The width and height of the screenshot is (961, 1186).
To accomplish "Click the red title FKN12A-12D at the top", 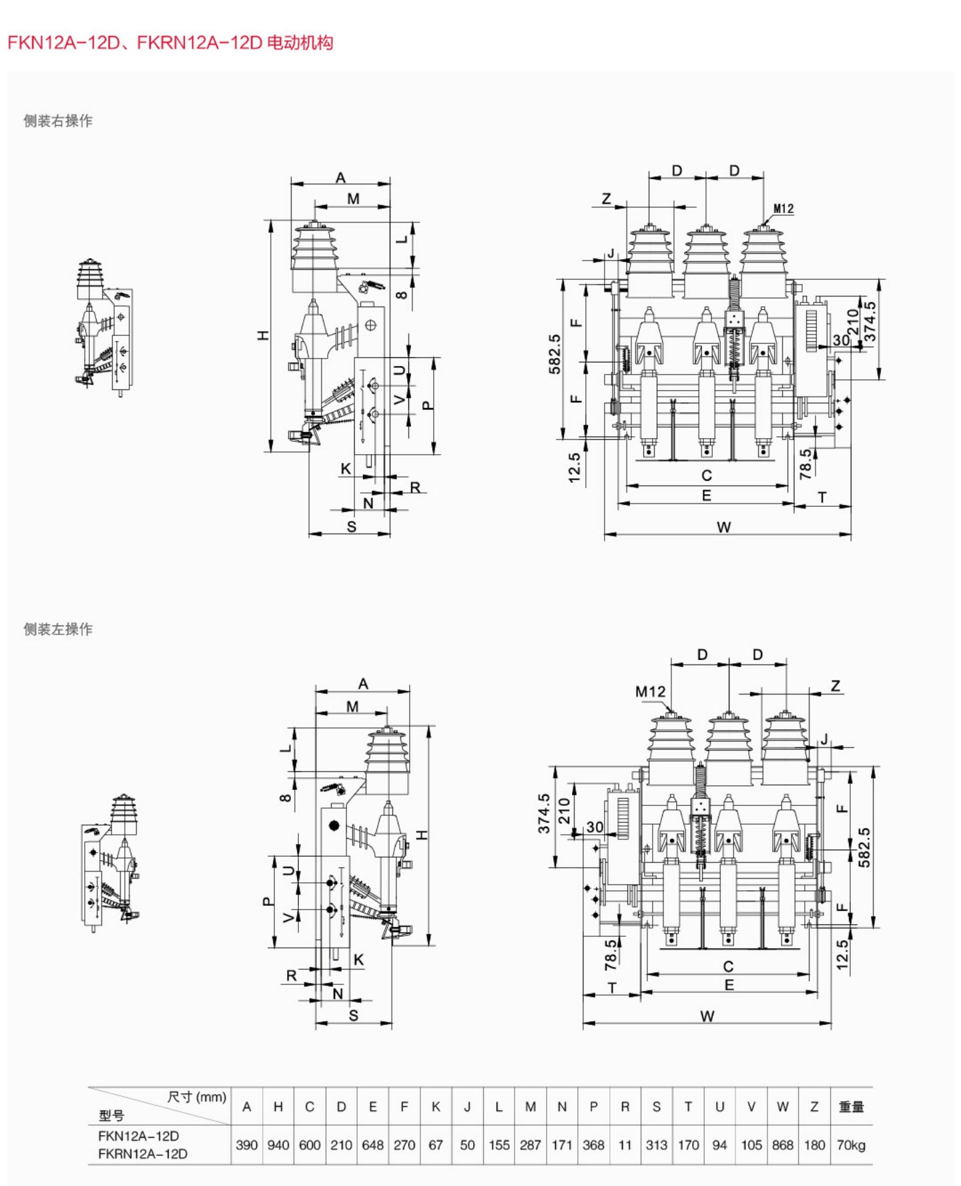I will point(63,43).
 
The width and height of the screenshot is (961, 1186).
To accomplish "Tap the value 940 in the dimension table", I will point(278,1145).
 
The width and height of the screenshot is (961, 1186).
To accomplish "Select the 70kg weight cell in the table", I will point(851,1145).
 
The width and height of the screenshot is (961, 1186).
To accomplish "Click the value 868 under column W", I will point(782,1145).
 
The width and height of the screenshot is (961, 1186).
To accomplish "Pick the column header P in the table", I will point(593,1107).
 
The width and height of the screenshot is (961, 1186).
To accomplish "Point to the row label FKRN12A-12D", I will point(143,1153).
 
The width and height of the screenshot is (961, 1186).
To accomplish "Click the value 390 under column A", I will point(246,1145).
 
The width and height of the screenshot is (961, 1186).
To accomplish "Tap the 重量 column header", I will point(851,1107).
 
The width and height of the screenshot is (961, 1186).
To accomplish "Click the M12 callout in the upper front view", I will point(783,209).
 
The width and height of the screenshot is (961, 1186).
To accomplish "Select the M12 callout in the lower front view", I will point(650,692).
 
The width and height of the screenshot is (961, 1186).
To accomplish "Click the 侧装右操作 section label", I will point(58,121).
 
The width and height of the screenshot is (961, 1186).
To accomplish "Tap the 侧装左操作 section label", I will point(58,629).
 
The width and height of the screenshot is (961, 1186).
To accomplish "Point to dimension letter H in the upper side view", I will point(264,335).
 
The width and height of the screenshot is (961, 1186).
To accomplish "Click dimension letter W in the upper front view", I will point(723,527).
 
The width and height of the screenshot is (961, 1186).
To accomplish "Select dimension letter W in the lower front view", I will point(707,1016).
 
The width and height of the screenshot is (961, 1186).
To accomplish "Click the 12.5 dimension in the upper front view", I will point(574,467).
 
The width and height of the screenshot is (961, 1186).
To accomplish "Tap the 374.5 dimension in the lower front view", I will point(544,813).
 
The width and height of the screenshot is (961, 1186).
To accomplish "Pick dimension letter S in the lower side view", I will point(353,1015).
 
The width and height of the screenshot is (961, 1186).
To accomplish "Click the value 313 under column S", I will point(656,1145).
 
